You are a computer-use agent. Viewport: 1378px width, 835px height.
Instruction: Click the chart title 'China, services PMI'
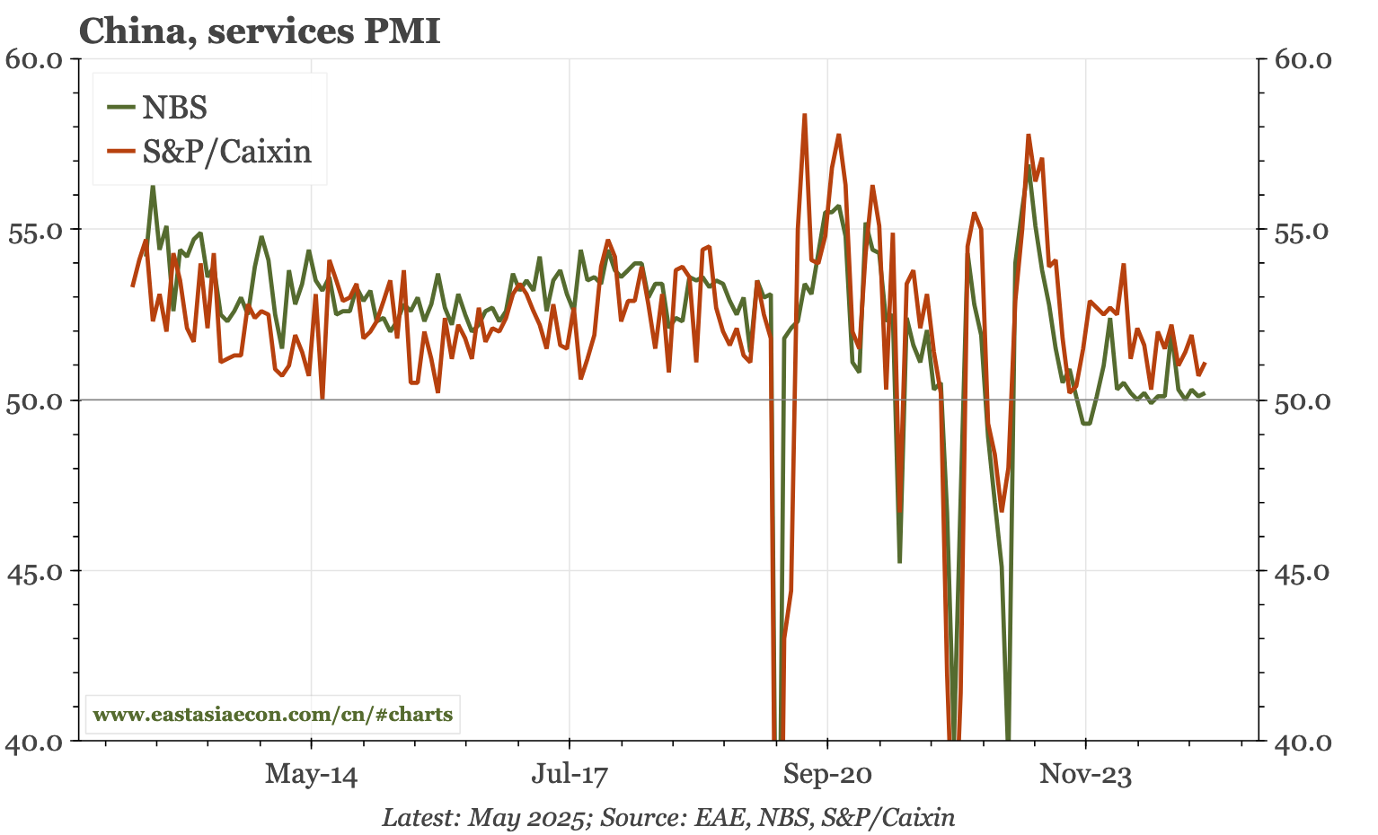point(260,32)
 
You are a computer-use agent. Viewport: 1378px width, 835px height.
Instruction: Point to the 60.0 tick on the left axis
point(33,59)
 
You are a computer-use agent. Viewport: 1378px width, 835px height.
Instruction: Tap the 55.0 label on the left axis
point(33,230)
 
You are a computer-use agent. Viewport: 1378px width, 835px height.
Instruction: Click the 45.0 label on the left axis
point(33,571)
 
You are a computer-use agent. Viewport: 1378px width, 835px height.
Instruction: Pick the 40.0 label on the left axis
point(33,742)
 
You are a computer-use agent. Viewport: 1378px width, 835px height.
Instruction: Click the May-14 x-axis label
point(311,775)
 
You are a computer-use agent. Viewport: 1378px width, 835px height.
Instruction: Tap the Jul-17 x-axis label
point(570,775)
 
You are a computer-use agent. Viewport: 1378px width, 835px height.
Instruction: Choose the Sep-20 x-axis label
point(827,775)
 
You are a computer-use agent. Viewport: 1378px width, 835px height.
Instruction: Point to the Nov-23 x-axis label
point(1085,775)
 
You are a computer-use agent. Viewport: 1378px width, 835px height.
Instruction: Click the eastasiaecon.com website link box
point(273,716)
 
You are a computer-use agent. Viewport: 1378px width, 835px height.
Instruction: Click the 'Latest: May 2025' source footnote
point(668,817)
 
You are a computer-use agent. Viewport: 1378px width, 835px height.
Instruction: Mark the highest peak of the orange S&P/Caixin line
point(805,115)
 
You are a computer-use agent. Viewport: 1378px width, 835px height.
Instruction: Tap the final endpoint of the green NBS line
point(1204,392)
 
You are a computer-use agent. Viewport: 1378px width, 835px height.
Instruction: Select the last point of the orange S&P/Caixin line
point(1205,364)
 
